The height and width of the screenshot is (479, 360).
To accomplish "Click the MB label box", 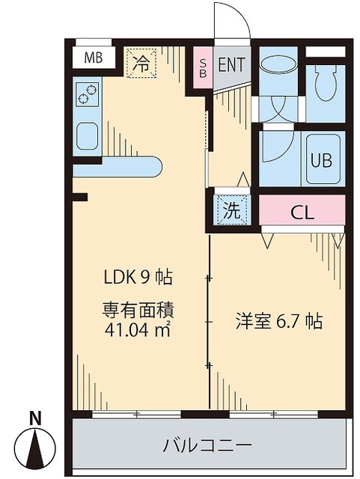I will click(x=94, y=57).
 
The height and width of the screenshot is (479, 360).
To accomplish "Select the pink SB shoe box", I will click(x=203, y=65).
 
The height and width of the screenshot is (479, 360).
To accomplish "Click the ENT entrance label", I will click(x=231, y=64).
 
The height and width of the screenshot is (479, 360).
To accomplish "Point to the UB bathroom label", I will click(x=321, y=160).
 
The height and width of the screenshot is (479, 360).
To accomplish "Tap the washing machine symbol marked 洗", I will click(x=232, y=210).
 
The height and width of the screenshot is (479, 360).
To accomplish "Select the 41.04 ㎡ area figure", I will click(x=138, y=327).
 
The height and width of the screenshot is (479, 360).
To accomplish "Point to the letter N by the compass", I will click(x=34, y=418).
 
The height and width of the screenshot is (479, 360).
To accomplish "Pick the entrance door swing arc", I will click(x=232, y=21).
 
